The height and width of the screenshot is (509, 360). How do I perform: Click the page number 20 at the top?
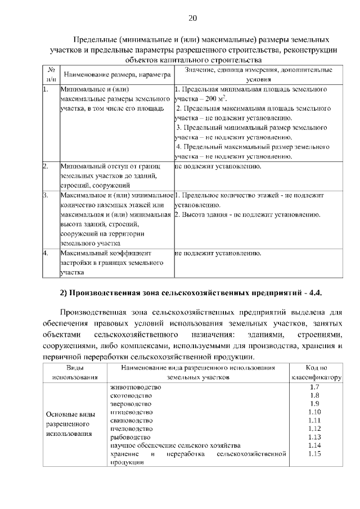tap(192, 18)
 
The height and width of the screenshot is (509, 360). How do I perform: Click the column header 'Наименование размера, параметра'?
tap(116, 74)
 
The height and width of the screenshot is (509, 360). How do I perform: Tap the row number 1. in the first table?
tap(46, 89)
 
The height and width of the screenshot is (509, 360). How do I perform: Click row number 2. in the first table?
tap(46, 167)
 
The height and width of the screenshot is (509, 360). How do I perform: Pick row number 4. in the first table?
tap(46, 254)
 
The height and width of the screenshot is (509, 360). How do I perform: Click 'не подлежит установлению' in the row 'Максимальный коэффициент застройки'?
tap(218, 254)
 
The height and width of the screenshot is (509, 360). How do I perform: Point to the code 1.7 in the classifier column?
tap(315, 388)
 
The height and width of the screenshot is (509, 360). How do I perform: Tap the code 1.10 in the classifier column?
tap(315, 412)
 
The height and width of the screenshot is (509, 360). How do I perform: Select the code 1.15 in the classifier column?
tap(315, 453)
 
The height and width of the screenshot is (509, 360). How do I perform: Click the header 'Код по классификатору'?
tap(316, 373)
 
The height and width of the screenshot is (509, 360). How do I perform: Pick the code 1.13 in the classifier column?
tap(315, 437)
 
